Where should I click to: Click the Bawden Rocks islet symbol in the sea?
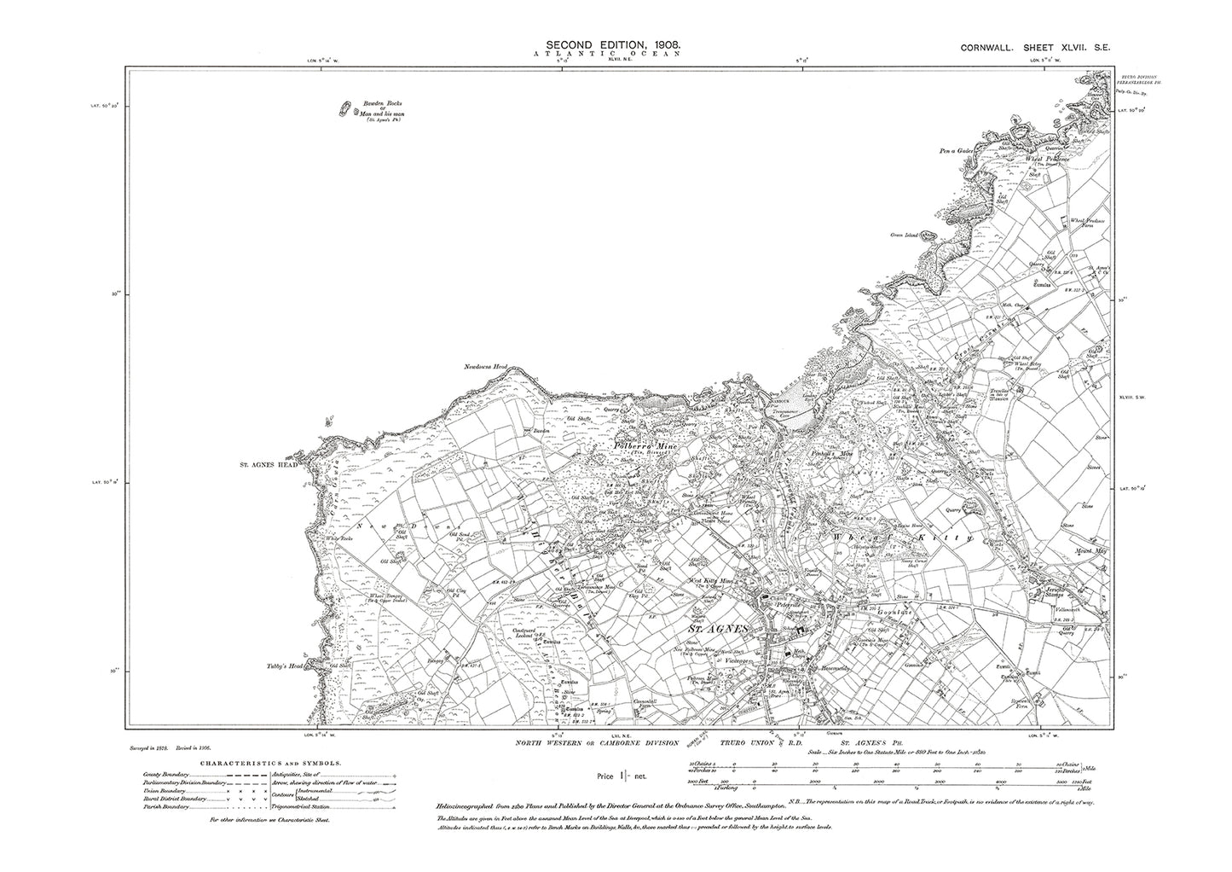345,109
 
